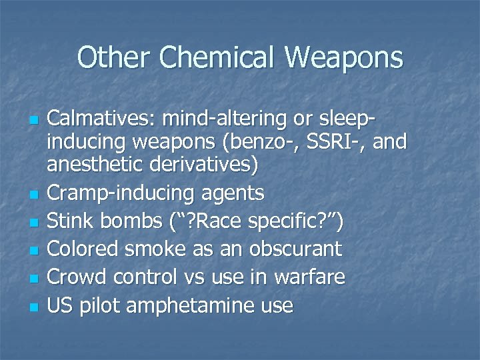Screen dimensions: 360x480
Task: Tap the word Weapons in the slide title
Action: (345, 57)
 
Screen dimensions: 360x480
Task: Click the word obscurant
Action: (295, 249)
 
